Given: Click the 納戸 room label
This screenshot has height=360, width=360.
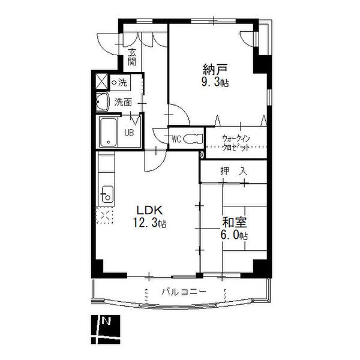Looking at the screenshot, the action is coord(215,70).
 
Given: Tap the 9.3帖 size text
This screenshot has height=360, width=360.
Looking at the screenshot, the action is coord(215,82).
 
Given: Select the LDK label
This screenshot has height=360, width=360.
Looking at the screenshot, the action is coord(149,210).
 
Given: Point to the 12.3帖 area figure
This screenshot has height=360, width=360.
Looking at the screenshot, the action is coord(149,223).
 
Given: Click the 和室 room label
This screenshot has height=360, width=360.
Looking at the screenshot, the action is coord(234,222).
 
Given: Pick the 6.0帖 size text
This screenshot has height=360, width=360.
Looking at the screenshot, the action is coord(234,235).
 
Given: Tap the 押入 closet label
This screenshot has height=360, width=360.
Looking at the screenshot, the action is coord(234,171).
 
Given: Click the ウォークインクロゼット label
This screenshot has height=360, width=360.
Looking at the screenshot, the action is coord(236,143).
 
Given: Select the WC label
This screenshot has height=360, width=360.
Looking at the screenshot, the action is coord(176,139).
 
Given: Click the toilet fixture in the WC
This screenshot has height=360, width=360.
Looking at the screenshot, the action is coord(193,139).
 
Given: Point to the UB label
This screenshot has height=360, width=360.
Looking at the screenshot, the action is coord(129,133).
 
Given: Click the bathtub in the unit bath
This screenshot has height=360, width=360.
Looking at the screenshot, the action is coord(108,132).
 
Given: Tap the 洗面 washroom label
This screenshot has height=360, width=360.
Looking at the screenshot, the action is coord(123,102).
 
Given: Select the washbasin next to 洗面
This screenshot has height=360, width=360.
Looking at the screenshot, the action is coord(102,102).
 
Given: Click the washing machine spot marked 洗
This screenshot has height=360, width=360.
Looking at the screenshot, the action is coord(120,82).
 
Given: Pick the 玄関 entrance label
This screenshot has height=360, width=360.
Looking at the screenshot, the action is coord(132,58).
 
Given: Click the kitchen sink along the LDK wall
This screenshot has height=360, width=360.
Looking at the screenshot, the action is coord(107,194).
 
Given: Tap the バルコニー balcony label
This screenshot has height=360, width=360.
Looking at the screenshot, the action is coord(184,292).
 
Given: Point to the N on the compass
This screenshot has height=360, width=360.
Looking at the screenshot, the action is coord(107,320).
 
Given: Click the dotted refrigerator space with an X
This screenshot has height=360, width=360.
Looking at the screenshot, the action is coord(105,215).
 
